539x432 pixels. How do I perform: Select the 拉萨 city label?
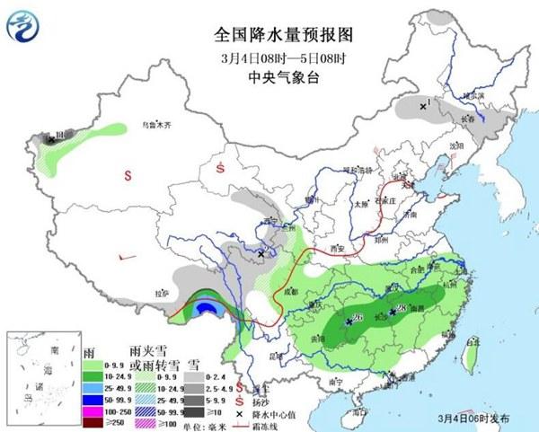[162, 294]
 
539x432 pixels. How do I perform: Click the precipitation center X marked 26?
[349, 320]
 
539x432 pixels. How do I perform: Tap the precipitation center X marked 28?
[393, 313]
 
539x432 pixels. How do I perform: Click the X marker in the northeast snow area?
[422, 106]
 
